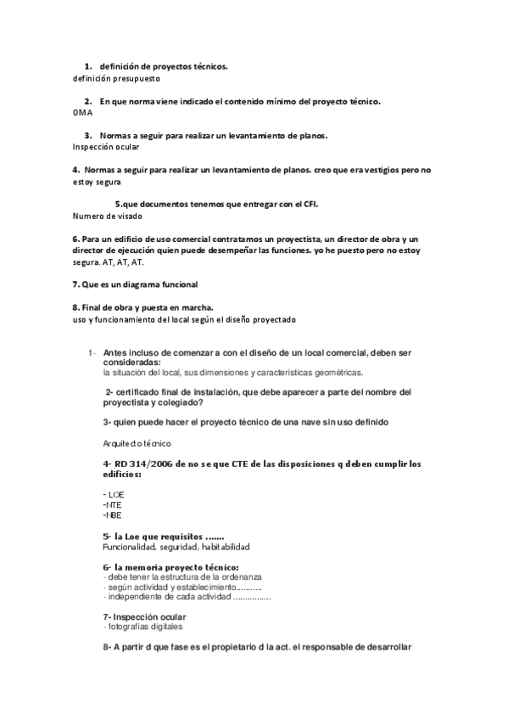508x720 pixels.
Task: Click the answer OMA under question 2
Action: pos(82,112)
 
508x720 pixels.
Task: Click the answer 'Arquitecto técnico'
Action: pos(137,443)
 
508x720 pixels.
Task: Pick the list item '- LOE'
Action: pos(112,493)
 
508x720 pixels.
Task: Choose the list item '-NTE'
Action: pos(111,504)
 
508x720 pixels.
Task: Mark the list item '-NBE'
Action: pos(111,515)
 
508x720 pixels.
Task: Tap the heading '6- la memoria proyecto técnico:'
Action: pos(170,567)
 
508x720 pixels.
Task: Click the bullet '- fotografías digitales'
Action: pos(142,627)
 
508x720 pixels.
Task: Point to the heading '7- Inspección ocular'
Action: pos(144,616)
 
